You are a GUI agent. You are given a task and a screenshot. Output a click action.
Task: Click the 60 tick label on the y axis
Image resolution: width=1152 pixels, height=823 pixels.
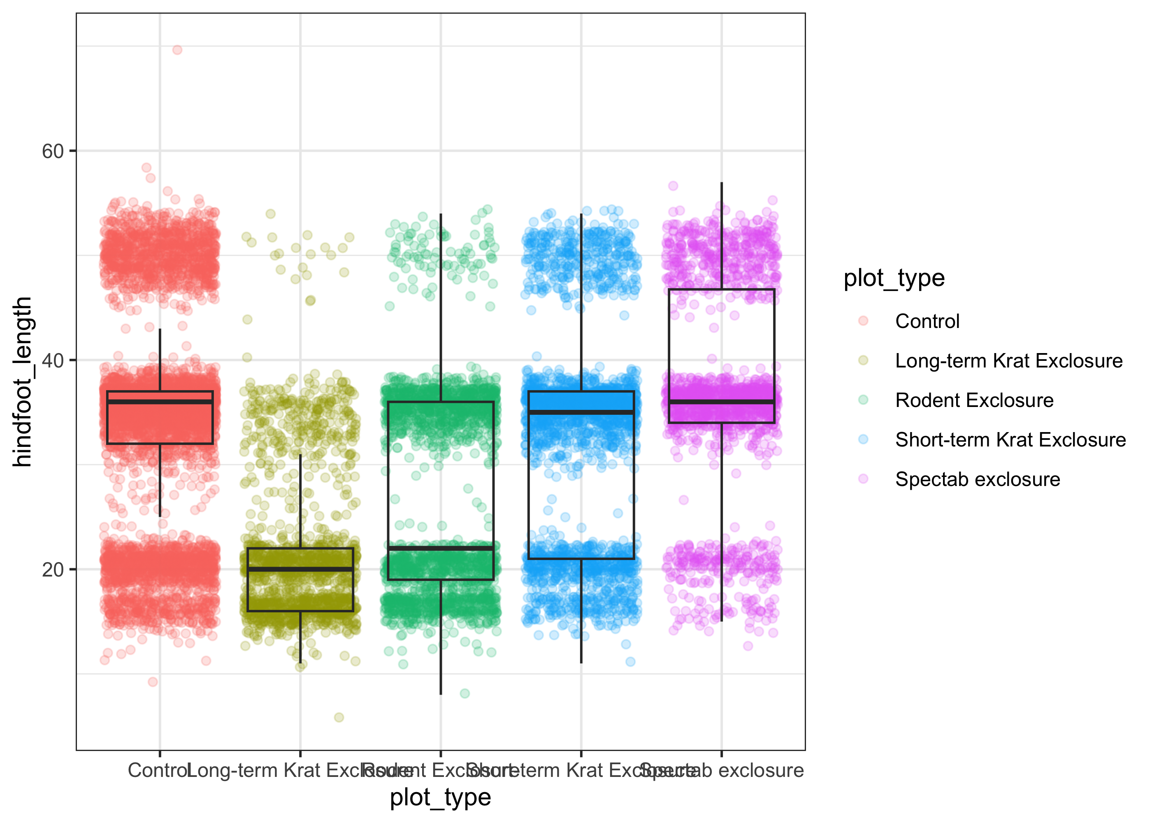click(52, 151)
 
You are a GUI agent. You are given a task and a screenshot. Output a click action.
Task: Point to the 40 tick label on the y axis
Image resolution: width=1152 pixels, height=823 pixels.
click(52, 360)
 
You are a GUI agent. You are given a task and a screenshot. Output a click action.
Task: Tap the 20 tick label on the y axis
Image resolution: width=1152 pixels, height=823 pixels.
click(52, 570)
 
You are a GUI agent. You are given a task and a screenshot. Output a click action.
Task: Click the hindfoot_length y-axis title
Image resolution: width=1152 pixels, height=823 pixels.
click(22, 381)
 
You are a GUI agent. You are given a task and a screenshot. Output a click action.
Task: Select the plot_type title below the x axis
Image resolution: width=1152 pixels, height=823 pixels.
click(440, 797)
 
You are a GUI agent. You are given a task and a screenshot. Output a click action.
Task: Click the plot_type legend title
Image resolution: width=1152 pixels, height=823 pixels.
click(894, 278)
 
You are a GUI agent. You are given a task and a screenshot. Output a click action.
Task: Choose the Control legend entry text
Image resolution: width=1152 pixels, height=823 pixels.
click(927, 321)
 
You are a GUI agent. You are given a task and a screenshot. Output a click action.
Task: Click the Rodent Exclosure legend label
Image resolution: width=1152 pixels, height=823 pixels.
click(974, 400)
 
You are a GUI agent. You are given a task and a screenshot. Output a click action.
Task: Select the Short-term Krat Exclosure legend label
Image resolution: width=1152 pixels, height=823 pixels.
click(1010, 440)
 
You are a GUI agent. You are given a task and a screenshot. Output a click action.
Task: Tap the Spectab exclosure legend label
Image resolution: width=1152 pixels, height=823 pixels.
click(978, 479)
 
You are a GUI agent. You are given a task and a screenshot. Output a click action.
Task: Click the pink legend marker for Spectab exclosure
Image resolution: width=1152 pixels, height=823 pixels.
click(863, 479)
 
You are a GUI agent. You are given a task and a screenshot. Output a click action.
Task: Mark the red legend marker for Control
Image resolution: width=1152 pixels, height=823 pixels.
click(863, 321)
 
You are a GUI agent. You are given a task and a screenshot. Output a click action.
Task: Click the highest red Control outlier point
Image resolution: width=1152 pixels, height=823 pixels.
click(177, 50)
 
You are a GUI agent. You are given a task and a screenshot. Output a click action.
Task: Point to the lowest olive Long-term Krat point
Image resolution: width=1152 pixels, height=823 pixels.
click(339, 717)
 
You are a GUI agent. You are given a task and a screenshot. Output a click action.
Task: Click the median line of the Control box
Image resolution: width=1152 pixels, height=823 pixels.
click(160, 402)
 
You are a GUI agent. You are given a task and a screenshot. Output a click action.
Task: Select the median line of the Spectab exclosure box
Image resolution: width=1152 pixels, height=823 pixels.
click(721, 402)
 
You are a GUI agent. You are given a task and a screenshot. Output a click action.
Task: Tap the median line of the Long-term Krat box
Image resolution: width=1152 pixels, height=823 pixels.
click(300, 569)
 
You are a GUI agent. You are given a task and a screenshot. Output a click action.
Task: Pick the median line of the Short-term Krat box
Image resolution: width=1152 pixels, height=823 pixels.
click(581, 412)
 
